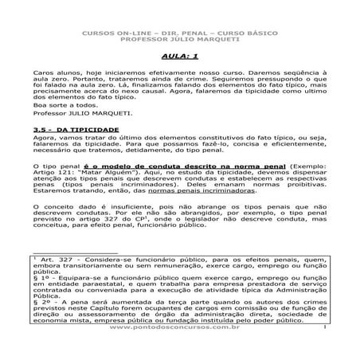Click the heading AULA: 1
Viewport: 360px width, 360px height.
point(179,57)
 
